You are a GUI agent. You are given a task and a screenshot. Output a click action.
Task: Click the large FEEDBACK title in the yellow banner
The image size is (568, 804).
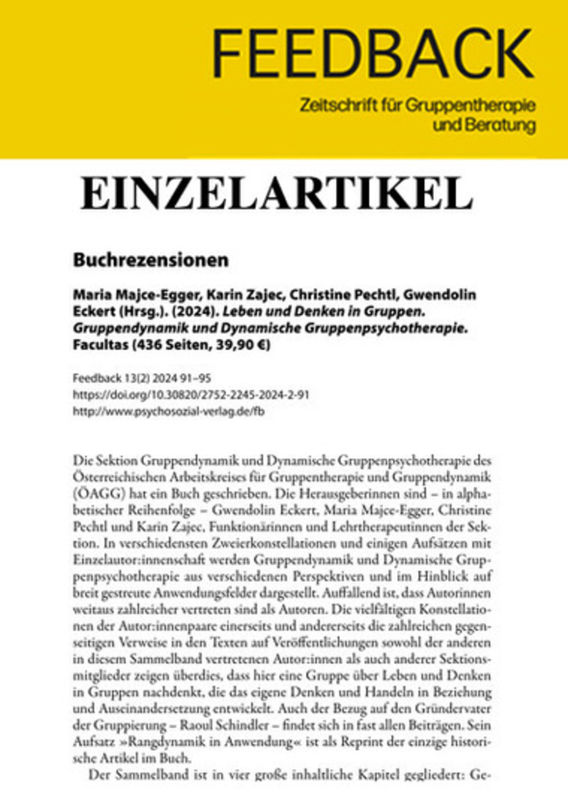(x=373, y=53)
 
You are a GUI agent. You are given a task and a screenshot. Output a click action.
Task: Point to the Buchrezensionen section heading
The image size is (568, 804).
(x=151, y=261)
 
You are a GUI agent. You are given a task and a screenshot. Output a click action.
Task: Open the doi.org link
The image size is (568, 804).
(x=191, y=395)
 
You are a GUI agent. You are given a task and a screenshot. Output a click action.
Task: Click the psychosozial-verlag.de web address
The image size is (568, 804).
(x=168, y=412)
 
